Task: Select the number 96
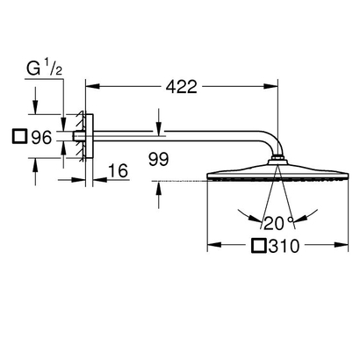[x=40, y=137]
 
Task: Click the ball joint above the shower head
[x=279, y=160]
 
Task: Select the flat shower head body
[x=279, y=173]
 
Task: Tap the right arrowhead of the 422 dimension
[x=276, y=86]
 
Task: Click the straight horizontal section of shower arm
[x=176, y=135]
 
